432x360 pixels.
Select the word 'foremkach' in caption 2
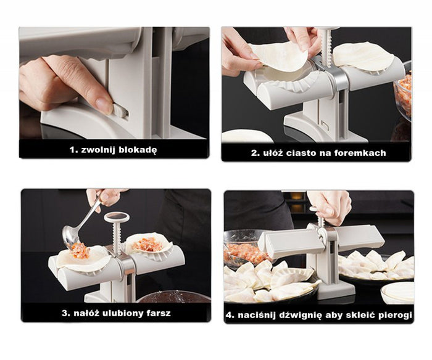tap(365, 153)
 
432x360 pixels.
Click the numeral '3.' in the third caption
tap(65, 313)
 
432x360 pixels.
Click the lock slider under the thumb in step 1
tap(121, 112)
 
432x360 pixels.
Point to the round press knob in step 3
tap(117, 217)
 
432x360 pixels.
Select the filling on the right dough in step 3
tap(148, 243)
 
